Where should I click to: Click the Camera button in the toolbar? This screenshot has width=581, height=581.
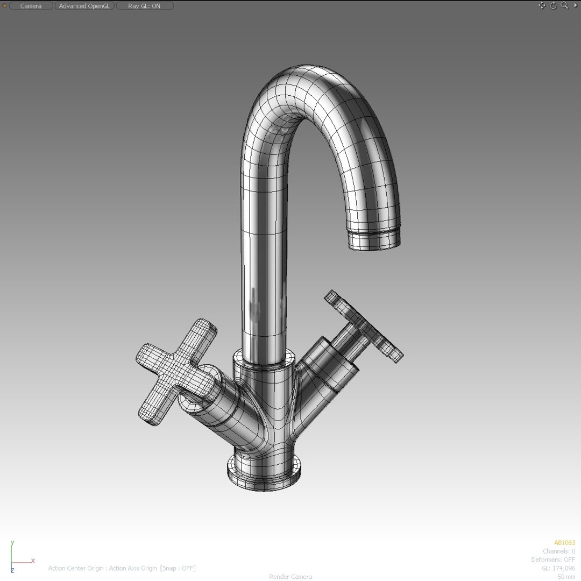[31, 6]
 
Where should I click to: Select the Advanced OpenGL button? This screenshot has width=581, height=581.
[84, 6]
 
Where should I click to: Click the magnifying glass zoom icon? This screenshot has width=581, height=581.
[564, 5]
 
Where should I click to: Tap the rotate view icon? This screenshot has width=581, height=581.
[553, 5]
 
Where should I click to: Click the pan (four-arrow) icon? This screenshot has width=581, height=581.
[542, 5]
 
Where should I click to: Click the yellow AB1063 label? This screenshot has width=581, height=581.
[564, 543]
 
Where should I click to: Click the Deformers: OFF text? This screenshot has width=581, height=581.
[553, 560]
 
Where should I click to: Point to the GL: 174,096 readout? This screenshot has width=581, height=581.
[558, 569]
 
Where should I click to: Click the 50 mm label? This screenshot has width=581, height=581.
[566, 577]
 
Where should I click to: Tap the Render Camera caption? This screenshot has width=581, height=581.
[290, 577]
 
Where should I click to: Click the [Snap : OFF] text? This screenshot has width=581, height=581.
[178, 568]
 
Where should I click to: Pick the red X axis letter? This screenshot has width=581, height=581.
[33, 561]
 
